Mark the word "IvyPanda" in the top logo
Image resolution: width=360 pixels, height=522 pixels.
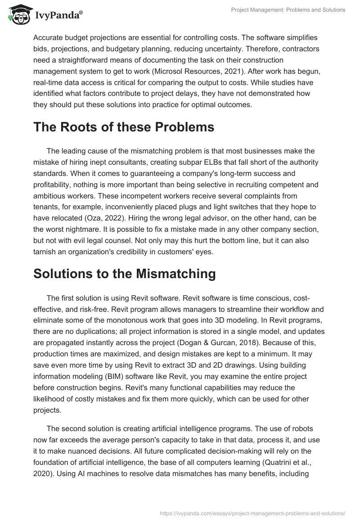click(x=58, y=17)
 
